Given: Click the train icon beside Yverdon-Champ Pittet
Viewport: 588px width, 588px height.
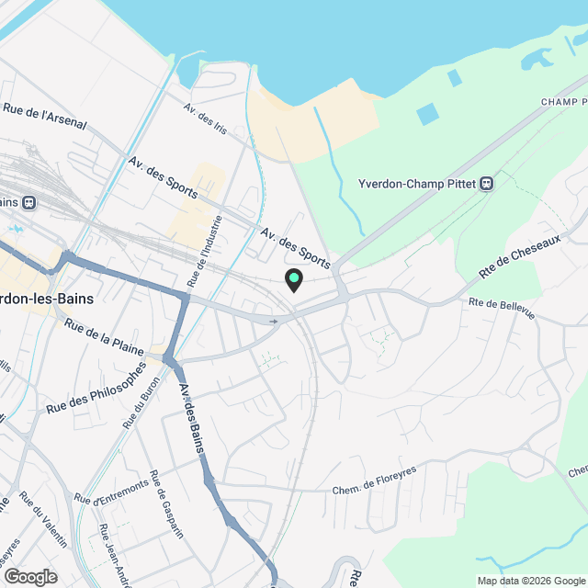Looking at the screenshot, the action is click(487, 183).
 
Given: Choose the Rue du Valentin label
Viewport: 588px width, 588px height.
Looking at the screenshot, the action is click(42, 521).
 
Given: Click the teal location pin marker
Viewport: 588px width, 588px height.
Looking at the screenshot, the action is click(294, 279).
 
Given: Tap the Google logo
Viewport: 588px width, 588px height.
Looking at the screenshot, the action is click(30, 576).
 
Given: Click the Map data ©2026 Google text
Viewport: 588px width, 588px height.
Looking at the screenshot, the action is click(531, 580).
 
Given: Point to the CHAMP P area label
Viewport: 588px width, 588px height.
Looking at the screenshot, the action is click(563, 101).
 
